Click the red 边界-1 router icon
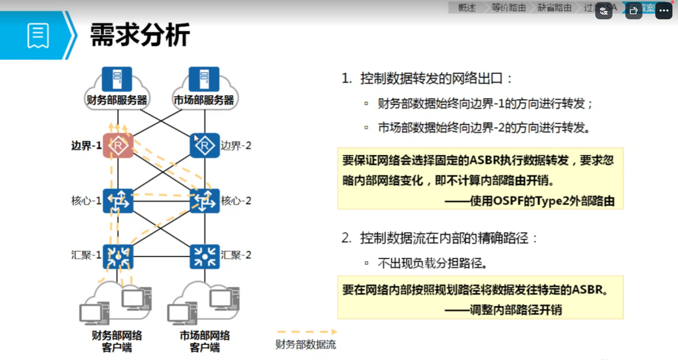pos(118,146)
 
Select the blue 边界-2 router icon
pos(205,146)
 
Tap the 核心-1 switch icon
pos(118,201)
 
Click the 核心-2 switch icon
pos(205,201)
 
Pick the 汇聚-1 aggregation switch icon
pos(118,257)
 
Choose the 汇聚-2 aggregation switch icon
pos(205,257)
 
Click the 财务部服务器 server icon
pos(117,79)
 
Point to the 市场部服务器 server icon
pos(204,79)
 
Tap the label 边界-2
pos(236,146)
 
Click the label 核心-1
pos(86,201)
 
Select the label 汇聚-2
pos(236,255)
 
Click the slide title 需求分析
pos(140,35)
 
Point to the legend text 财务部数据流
pos(306,345)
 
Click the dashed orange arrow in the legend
pos(307,332)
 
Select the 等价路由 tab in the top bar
pos(509,8)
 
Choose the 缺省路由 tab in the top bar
pos(555,8)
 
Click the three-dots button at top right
pos(664,11)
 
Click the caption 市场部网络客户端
pos(205,341)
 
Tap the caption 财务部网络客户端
pos(117,341)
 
